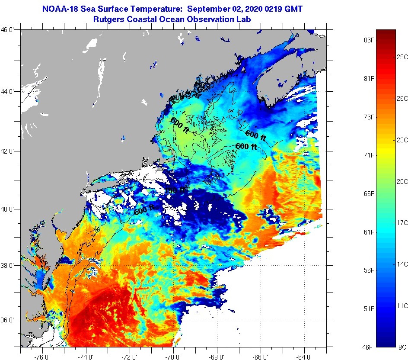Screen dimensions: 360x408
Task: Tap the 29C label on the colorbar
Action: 402,57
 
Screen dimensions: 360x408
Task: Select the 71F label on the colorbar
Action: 368,155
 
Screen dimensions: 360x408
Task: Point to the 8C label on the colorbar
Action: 402,347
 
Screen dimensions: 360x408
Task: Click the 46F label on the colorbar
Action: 368,347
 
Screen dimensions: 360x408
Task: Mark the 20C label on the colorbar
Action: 402,181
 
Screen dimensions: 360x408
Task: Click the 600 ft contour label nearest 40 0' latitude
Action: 143,211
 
